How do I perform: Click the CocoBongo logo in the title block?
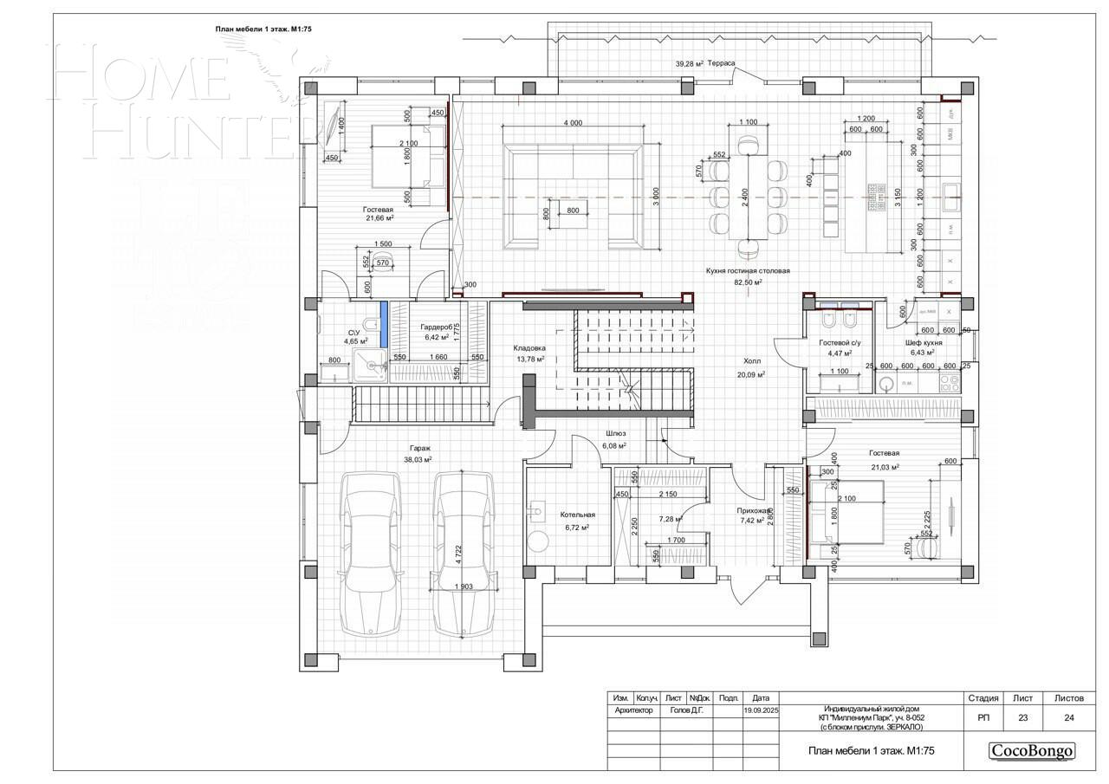click(x=1032, y=751)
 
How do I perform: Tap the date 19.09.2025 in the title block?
click(x=761, y=710)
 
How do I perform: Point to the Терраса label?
click(x=721, y=63)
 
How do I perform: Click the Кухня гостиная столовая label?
click(x=747, y=270)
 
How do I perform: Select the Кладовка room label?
click(x=529, y=348)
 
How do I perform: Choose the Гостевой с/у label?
click(x=839, y=342)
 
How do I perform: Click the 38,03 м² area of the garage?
click(x=418, y=460)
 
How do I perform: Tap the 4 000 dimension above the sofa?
click(x=572, y=123)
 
